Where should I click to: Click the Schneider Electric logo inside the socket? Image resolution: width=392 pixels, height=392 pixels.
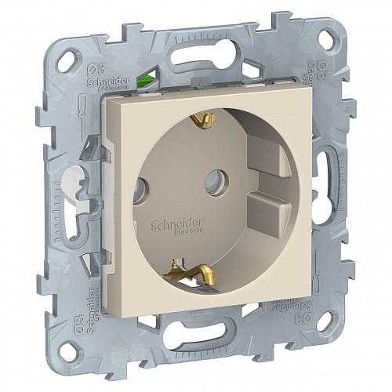click(x=168, y=223)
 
